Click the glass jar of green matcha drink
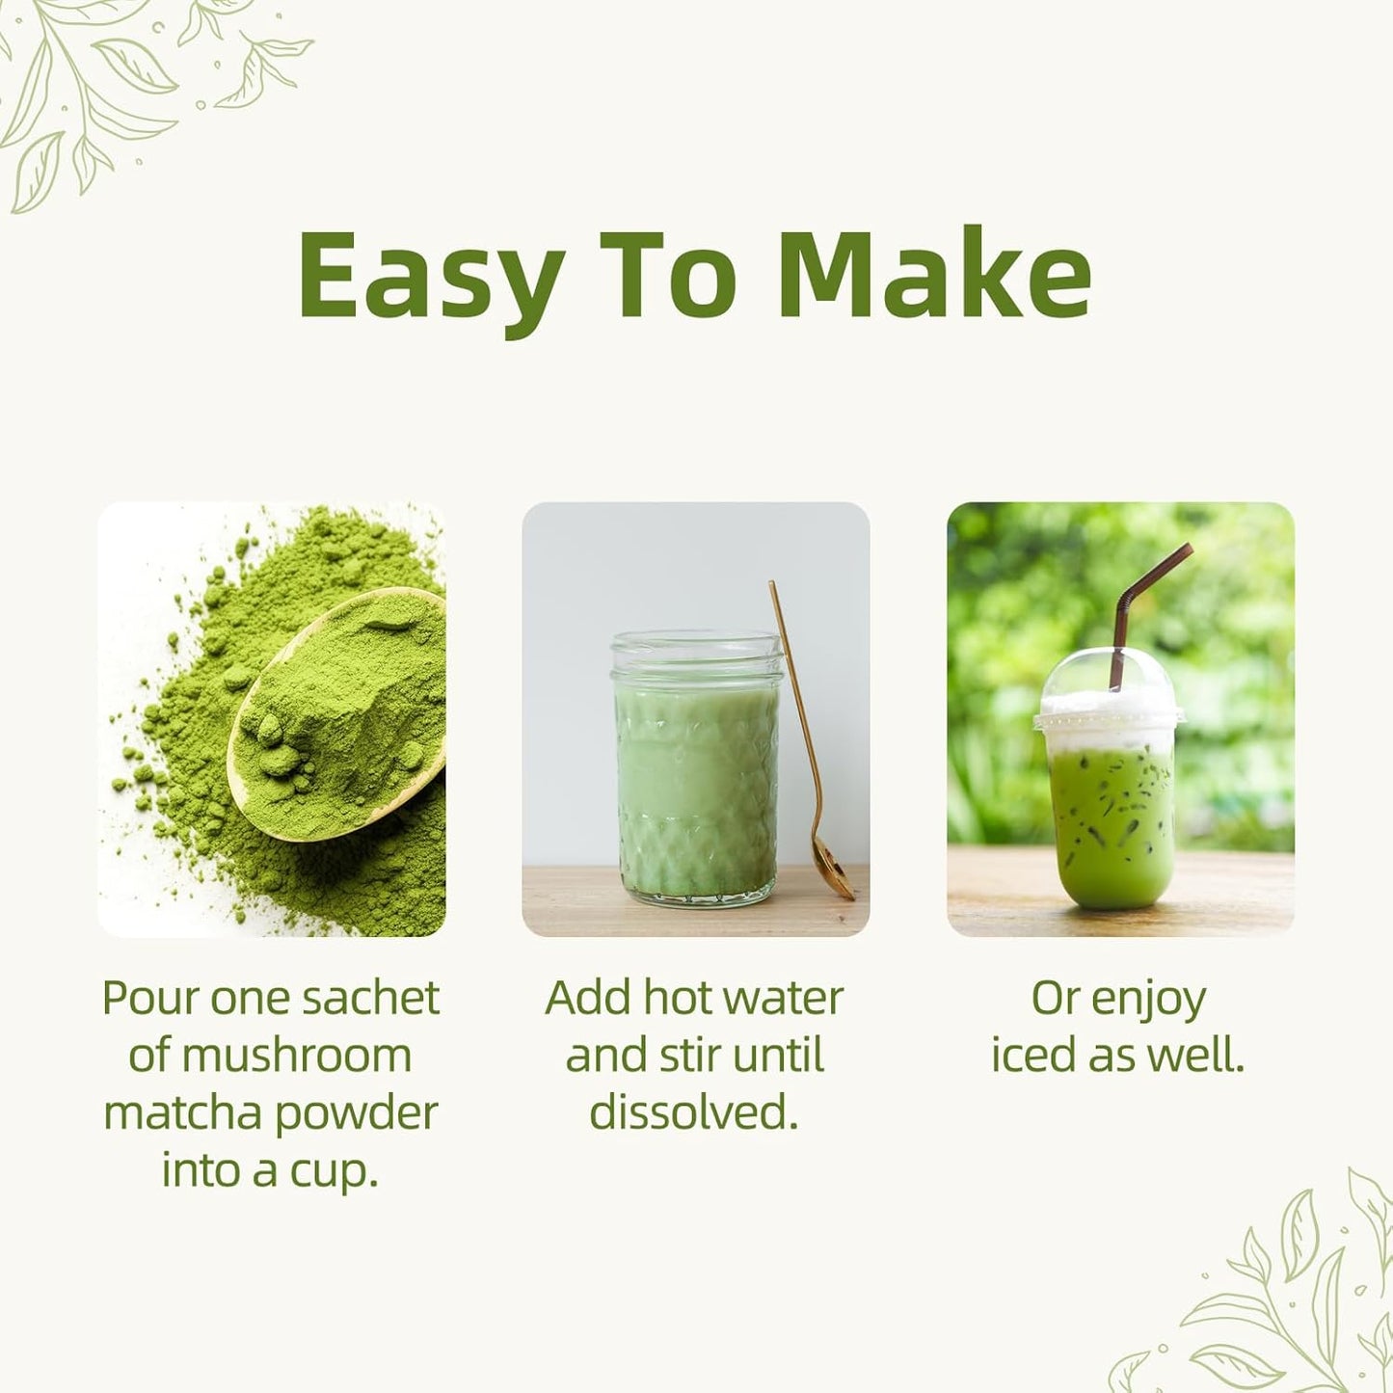(696, 771)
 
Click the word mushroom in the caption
(296, 1056)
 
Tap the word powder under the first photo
(356, 1114)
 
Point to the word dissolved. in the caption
(694, 1113)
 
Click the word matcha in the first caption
(182, 1113)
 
